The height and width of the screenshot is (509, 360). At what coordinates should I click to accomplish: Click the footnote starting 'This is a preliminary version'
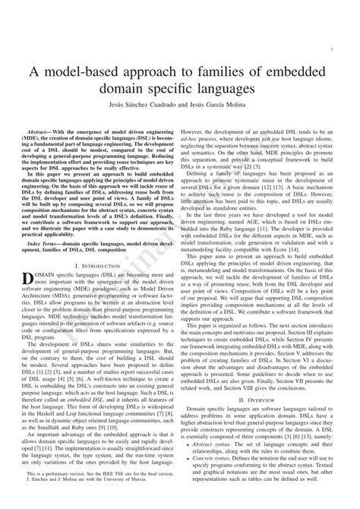(91, 493)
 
